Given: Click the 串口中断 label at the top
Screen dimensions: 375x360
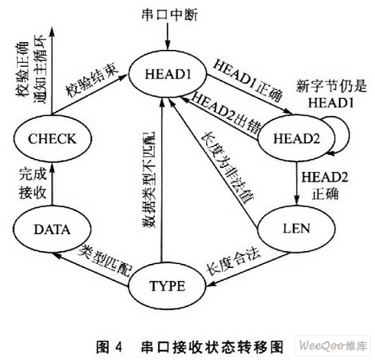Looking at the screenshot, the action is point(169,15).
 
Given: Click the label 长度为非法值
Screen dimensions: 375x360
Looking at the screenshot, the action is point(227,167).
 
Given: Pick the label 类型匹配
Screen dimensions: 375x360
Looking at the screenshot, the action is point(106,260).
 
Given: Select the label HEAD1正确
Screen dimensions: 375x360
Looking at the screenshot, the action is point(248,80).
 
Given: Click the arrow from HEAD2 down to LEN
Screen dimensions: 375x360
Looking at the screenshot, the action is point(297,183).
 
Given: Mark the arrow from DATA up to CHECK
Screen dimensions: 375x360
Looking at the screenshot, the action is point(52,183).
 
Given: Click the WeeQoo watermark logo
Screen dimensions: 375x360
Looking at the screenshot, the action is point(333,345).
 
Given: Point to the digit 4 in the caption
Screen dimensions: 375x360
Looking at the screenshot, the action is point(118,348).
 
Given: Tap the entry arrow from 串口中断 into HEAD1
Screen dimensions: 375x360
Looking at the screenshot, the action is point(167,37).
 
